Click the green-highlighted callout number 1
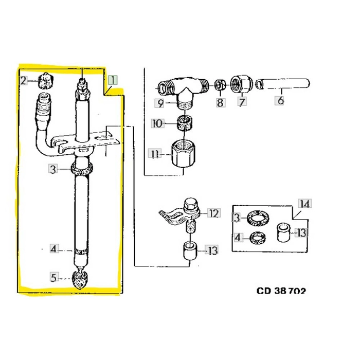[113, 80]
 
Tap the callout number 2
[23, 81]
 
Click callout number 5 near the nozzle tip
[53, 278]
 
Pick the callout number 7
[242, 101]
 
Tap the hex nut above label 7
[241, 83]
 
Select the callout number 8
[220, 102]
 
